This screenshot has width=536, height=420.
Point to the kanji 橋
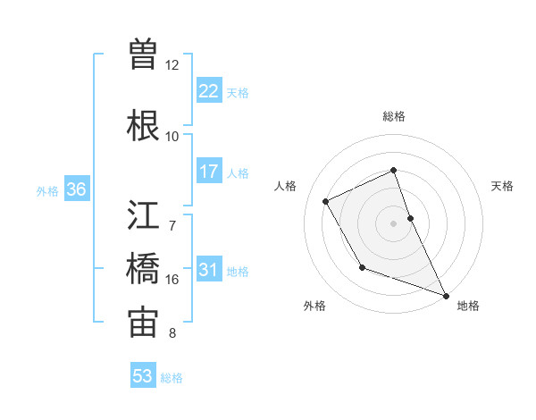(143, 268)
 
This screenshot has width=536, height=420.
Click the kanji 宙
(143, 322)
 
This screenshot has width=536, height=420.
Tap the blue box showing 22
(208, 91)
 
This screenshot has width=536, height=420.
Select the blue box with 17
(208, 172)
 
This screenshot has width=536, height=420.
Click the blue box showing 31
(208, 270)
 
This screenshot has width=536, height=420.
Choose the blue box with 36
(76, 189)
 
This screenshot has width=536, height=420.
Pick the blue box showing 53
(142, 376)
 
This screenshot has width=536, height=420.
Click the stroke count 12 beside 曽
(172, 65)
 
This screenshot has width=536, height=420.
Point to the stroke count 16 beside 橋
(172, 280)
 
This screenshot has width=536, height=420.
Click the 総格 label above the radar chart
(394, 116)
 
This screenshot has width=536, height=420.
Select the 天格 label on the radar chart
(503, 186)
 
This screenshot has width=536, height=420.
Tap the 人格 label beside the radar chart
(286, 186)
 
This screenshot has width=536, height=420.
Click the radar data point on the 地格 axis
(446, 296)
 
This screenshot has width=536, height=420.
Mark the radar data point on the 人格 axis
(326, 201)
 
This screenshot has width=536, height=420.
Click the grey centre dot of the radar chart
(394, 223)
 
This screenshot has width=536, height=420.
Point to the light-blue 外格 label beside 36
(47, 190)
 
